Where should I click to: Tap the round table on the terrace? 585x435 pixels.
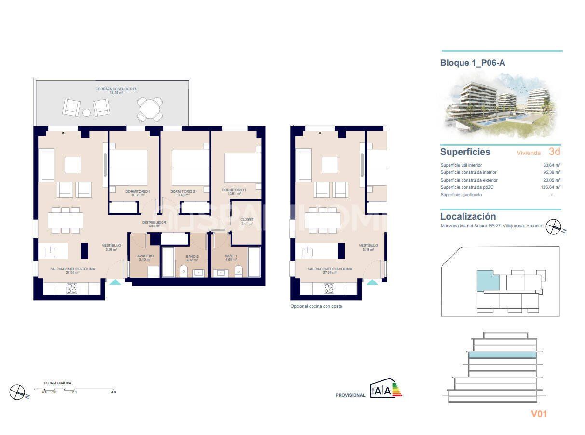pyautogui.click(x=150, y=109)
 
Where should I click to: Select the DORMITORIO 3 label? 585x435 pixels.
pyautogui.click(x=137, y=191)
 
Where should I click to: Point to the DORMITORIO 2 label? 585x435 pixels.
pyautogui.click(x=182, y=191)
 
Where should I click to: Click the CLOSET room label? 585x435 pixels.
pyautogui.click(x=246, y=219)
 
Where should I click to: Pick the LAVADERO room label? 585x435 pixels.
pyautogui.click(x=145, y=256)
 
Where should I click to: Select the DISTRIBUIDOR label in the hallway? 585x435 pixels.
pyautogui.click(x=154, y=222)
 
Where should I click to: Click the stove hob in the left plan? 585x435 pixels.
pyautogui.click(x=71, y=288)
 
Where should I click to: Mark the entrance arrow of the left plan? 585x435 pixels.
pyautogui.click(x=115, y=282)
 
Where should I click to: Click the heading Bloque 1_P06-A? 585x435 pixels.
pyautogui.click(x=473, y=63)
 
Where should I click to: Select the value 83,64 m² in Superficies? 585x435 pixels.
pyautogui.click(x=551, y=165)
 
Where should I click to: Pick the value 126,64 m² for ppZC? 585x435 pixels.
pyautogui.click(x=550, y=187)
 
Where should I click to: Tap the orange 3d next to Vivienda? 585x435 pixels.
pyautogui.click(x=554, y=152)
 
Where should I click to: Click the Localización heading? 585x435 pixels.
pyautogui.click(x=468, y=217)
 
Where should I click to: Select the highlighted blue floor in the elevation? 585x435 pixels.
pyautogui.click(x=502, y=355)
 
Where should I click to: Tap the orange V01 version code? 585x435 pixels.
pyautogui.click(x=539, y=414)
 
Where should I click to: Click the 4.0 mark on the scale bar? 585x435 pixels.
pyautogui.click(x=113, y=392)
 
